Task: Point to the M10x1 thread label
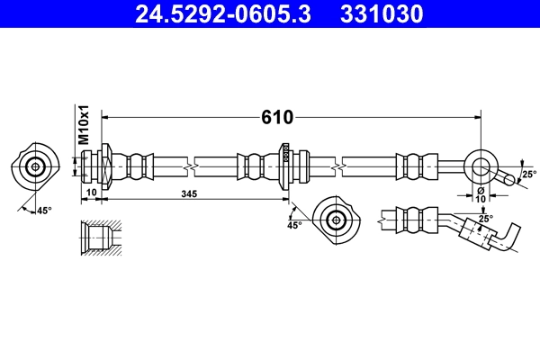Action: (x=82, y=125)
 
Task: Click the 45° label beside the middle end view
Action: (x=293, y=225)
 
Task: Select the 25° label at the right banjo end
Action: (x=528, y=174)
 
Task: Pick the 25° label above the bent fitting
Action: (x=484, y=219)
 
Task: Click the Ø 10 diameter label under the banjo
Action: (x=481, y=194)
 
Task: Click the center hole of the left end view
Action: (x=36, y=166)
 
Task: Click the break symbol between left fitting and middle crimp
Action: (x=190, y=166)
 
